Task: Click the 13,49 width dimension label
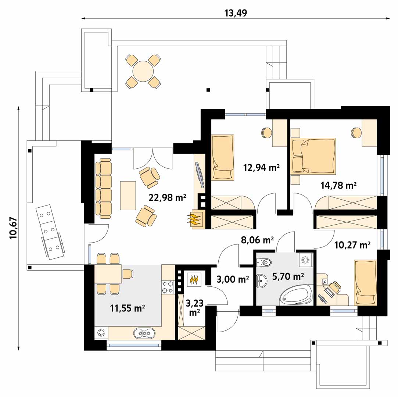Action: tap(236, 13)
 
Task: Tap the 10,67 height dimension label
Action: tap(13, 228)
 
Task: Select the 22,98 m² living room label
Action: tap(167, 197)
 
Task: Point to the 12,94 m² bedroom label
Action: tap(261, 168)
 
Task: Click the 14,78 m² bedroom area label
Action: tap(338, 185)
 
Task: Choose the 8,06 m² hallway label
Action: tap(257, 240)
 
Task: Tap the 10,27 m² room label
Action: tap(352, 245)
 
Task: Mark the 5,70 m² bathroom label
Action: tap(288, 276)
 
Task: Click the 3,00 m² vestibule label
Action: tap(233, 279)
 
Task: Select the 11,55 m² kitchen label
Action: tap(128, 308)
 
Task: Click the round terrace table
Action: tap(143, 71)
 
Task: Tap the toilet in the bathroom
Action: tap(264, 262)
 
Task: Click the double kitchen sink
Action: tap(144, 333)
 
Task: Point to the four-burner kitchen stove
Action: tap(168, 287)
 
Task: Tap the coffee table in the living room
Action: tap(128, 195)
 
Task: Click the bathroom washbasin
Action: tap(261, 281)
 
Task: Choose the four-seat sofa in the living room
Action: tap(104, 188)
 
